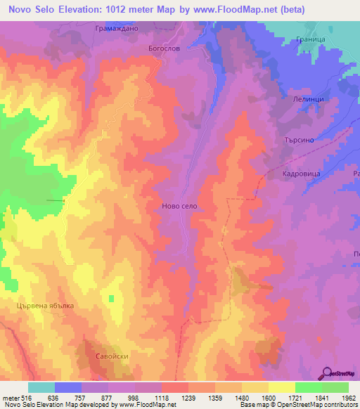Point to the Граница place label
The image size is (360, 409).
310,41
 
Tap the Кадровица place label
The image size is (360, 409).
301,173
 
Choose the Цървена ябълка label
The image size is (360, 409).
45,306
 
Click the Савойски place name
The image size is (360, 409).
112,356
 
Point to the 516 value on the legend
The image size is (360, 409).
25,397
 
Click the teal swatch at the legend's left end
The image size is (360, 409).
41,387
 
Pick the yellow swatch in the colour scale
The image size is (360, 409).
282,387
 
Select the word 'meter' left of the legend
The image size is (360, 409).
10,397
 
